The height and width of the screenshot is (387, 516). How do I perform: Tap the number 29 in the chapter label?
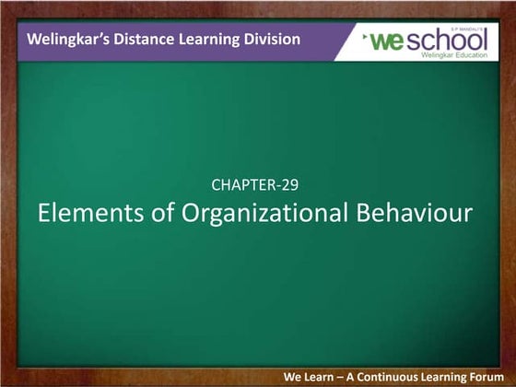(x=288, y=184)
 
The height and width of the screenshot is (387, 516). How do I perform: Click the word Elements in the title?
(x=83, y=213)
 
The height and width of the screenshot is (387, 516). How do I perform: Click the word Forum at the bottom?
(x=488, y=378)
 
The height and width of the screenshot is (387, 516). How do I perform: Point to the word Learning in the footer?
(x=451, y=378)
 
